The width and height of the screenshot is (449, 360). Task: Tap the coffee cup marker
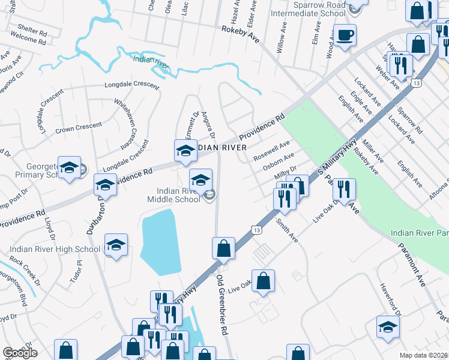coord(345,35)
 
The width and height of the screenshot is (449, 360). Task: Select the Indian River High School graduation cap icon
coord(116,245)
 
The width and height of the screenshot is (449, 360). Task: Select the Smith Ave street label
coord(287,230)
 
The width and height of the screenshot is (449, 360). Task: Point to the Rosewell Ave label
coord(271,150)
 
